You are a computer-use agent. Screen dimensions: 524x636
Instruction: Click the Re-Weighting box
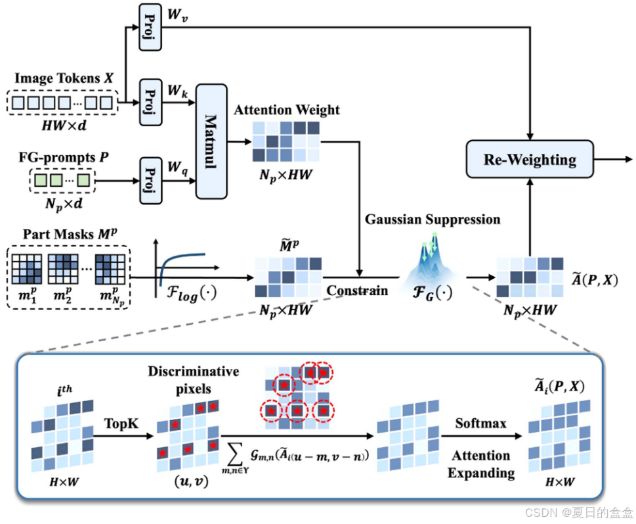(x=529, y=160)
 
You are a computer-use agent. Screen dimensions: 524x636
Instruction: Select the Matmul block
(x=211, y=141)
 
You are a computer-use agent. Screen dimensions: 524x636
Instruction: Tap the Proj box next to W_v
(x=150, y=28)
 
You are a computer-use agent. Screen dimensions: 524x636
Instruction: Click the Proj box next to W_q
(x=150, y=177)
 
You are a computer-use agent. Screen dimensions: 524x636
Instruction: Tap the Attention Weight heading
(x=287, y=110)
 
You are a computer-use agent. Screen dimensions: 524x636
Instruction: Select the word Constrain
(x=358, y=290)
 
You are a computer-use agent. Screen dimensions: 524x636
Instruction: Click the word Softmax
(x=480, y=423)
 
